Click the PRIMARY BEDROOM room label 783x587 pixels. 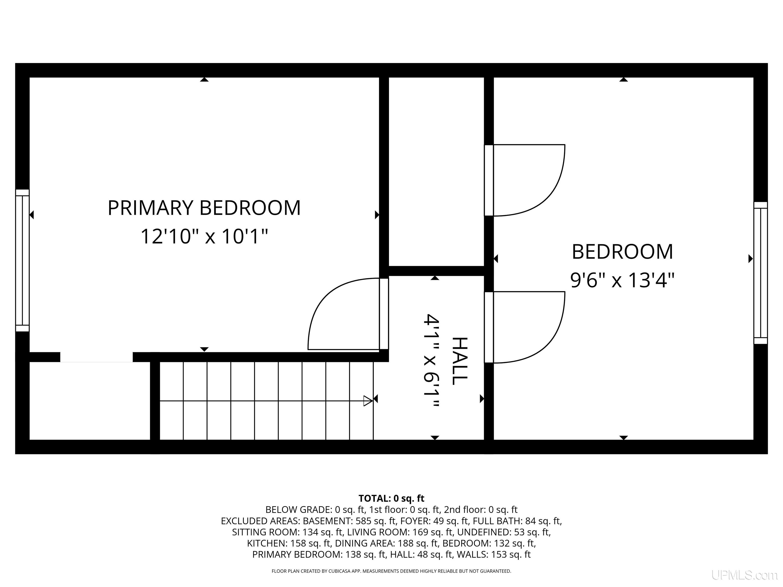click(x=204, y=208)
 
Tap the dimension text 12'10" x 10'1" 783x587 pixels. click(x=204, y=236)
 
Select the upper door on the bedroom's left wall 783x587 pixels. click(x=525, y=180)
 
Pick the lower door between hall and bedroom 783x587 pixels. click(x=525, y=327)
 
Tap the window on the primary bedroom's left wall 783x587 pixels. click(x=22, y=260)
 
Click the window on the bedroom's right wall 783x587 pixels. click(x=760, y=273)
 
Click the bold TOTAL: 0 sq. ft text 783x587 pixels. click(x=391, y=498)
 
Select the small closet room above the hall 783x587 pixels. click(x=436, y=172)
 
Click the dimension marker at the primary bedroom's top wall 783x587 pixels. click(x=204, y=79)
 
